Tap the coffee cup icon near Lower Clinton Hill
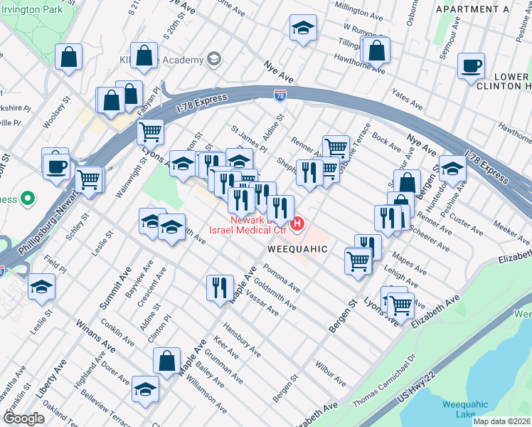472,67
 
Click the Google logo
23,418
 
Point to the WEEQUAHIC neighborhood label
297,249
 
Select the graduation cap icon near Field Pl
42,288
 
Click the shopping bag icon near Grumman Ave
166,361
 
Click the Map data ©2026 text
501,421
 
